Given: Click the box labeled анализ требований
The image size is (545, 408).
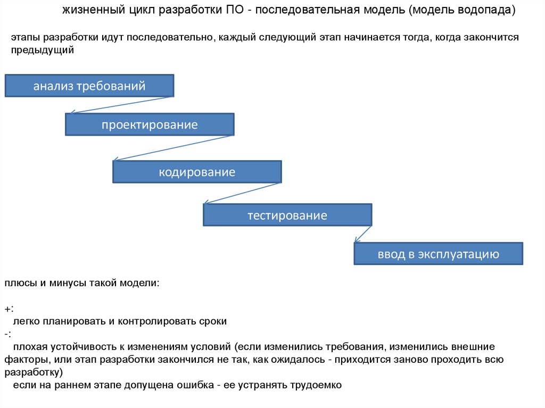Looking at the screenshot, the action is point(89,86).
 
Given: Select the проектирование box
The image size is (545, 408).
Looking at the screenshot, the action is point(150,124).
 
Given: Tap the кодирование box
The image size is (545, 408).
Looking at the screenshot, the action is point(197,172).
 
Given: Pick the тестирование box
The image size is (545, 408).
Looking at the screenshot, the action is point(287,215).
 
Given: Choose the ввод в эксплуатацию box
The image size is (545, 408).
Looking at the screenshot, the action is point(439,254).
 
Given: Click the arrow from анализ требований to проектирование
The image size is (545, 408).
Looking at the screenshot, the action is point(122,105).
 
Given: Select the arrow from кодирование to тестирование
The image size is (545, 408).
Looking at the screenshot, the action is point(242,193).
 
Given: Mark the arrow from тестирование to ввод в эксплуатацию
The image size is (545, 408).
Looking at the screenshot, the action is point(363,234).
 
